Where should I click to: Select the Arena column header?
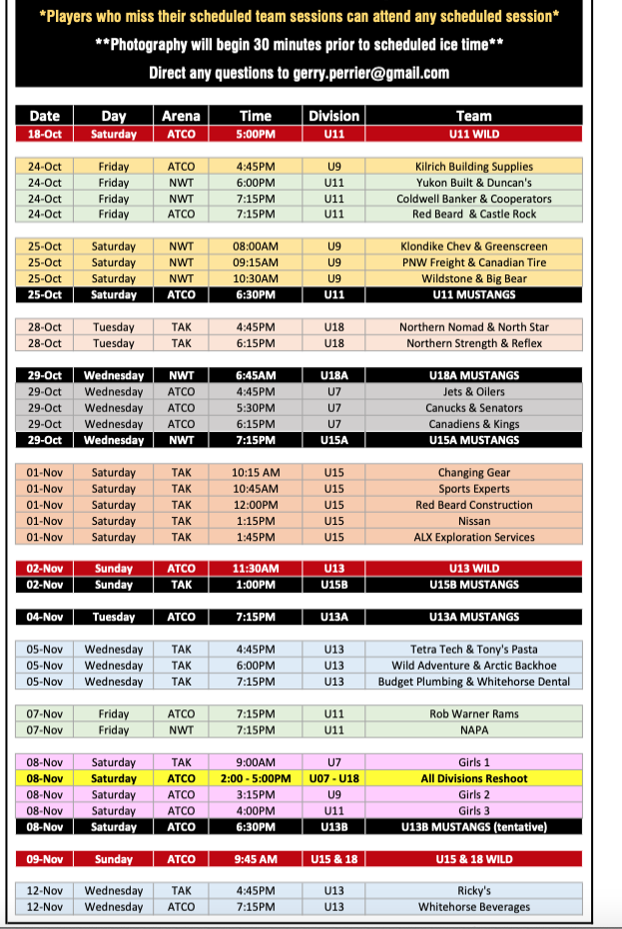(x=181, y=116)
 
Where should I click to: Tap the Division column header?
(x=333, y=116)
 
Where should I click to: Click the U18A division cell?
(x=333, y=376)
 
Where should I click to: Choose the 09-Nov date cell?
(x=45, y=859)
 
